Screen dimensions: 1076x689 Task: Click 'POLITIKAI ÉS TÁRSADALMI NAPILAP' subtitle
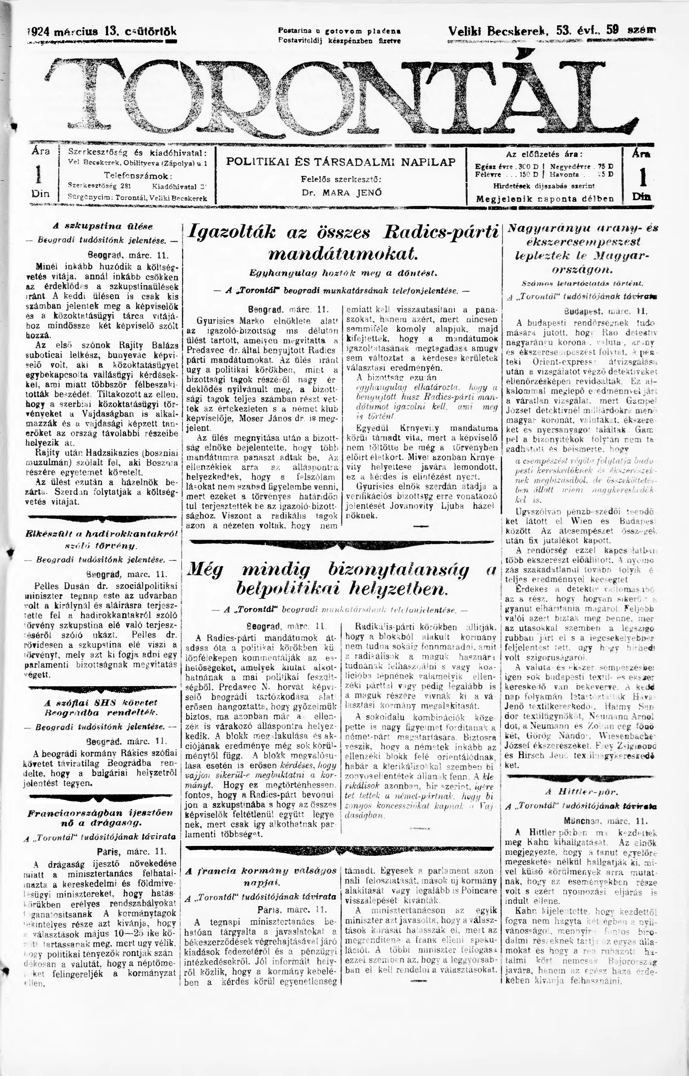pyautogui.click(x=341, y=162)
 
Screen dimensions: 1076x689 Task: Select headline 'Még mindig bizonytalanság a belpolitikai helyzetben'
pyautogui.click(x=342, y=580)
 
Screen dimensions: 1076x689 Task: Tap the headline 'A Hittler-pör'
pyautogui.click(x=581, y=792)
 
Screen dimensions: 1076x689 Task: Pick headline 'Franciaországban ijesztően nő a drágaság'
pyautogui.click(x=101, y=818)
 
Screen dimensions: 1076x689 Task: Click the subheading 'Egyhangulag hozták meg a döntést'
pyautogui.click(x=343, y=272)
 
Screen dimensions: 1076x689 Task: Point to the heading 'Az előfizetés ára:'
pyautogui.click(x=544, y=155)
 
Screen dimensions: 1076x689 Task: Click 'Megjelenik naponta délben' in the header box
pyautogui.click(x=544, y=199)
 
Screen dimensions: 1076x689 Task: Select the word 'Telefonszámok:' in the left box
pyautogui.click(x=138, y=175)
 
